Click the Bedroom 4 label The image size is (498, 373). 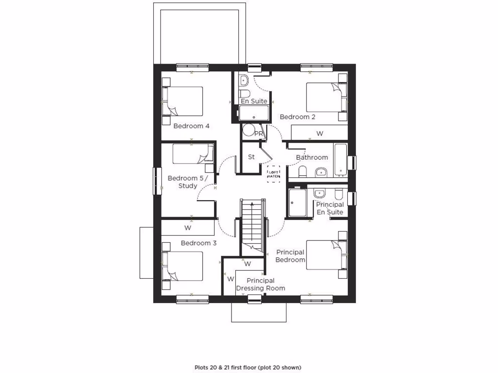point(192,126)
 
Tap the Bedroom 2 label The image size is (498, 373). point(297,117)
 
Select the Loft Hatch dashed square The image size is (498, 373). point(273,174)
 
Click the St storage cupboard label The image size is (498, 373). point(251,157)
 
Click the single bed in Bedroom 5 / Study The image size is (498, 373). point(193,154)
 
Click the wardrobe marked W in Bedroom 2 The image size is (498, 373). point(320,133)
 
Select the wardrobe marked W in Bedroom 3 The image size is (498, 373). point(188,227)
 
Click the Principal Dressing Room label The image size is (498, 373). point(261,284)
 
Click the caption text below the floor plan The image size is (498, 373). point(248,367)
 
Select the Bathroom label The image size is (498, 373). point(312,157)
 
